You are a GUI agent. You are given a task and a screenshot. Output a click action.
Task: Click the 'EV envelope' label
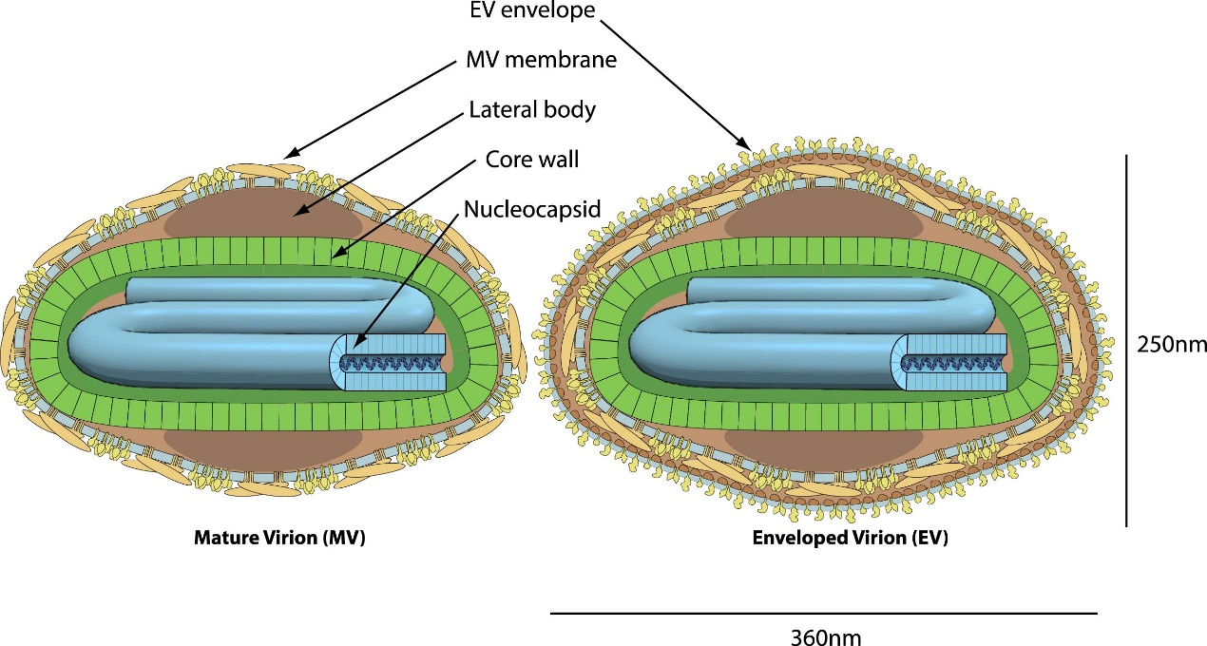coord(532,9)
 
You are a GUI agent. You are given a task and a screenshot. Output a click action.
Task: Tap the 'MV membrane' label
coord(541,59)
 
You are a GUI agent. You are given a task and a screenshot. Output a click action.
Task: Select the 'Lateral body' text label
coord(532,109)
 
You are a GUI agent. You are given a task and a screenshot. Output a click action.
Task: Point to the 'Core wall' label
coord(532,160)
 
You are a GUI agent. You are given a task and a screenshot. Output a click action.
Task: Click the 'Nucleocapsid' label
coord(532,209)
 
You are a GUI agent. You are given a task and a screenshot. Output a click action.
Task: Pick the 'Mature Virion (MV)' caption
coord(279,538)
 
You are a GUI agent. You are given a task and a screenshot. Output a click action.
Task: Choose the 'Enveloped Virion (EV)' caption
coord(851,538)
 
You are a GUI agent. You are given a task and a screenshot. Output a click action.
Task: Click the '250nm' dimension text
coord(1172,344)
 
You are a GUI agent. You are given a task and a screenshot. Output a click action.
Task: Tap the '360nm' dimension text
coord(826,637)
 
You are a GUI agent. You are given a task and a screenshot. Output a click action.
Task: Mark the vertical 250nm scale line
coord(1125,340)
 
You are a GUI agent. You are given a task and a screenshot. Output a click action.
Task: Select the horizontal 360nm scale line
coord(824,613)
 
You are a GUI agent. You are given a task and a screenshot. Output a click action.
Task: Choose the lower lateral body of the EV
coord(824,449)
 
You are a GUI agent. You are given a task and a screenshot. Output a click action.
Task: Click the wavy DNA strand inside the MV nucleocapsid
coord(391,363)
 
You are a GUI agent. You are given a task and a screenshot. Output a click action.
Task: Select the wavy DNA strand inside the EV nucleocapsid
coord(952,363)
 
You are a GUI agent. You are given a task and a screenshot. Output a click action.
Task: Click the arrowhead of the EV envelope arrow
coord(745,144)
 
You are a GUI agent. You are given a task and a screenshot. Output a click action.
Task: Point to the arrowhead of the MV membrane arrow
coord(291,153)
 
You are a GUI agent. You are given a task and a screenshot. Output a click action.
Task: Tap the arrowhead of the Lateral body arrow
coord(299,212)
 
